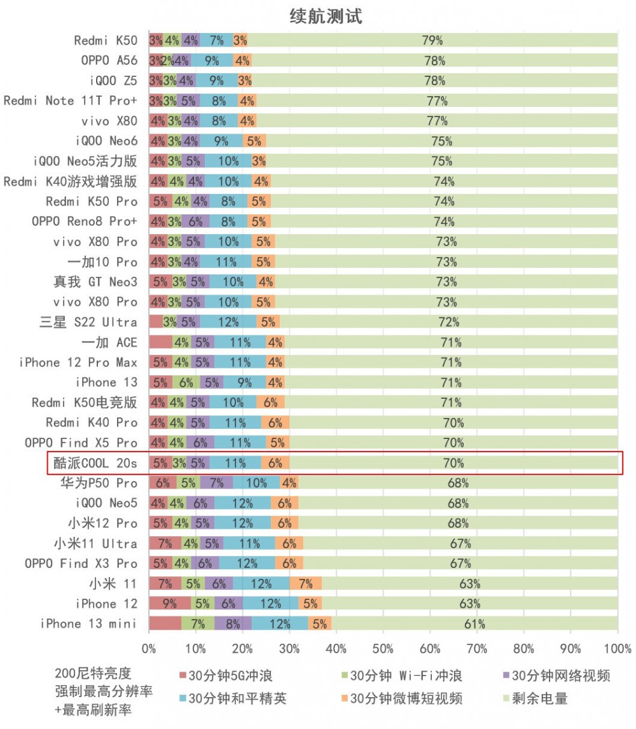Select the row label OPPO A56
[x=109, y=60]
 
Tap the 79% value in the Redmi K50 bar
[x=432, y=41]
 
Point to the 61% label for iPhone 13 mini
[x=474, y=624]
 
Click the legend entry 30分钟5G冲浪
[x=226, y=675]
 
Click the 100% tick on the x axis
[x=617, y=649]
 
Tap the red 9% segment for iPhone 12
[x=170, y=604]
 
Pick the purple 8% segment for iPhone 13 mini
[x=233, y=624]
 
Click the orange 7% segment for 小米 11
[x=306, y=584]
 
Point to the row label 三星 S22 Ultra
[x=88, y=322]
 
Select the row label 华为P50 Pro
[x=99, y=483]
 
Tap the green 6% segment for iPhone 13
[x=186, y=382]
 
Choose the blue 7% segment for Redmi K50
[x=216, y=41]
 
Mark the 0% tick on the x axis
[x=149, y=649]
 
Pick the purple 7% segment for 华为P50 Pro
[x=216, y=483]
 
